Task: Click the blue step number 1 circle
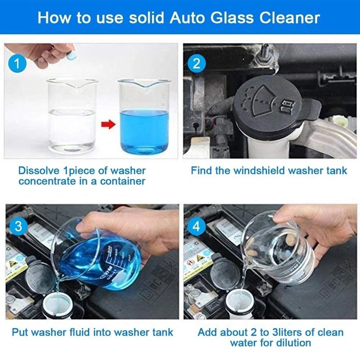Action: [x=18, y=63]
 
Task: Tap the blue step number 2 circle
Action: [x=196, y=63]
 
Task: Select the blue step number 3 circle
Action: [x=18, y=226]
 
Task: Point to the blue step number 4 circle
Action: [x=196, y=226]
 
